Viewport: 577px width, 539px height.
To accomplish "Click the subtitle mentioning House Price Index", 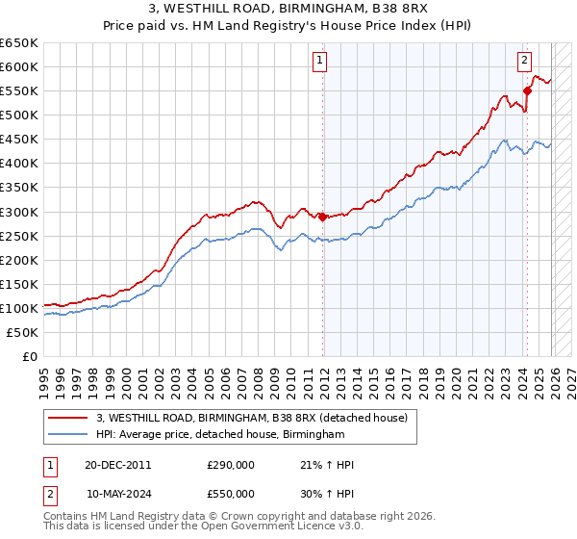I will tap(288, 26).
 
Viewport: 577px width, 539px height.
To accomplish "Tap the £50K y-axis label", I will tap(23, 332).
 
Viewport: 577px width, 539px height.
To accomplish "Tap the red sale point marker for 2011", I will tap(322, 216).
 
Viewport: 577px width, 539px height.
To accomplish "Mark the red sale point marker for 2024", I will tap(526, 90).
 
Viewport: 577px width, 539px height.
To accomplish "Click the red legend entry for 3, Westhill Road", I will tap(252, 418).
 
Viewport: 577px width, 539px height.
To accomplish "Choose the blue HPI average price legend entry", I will tap(220, 435).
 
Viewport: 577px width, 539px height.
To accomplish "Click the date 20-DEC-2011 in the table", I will tap(117, 465).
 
